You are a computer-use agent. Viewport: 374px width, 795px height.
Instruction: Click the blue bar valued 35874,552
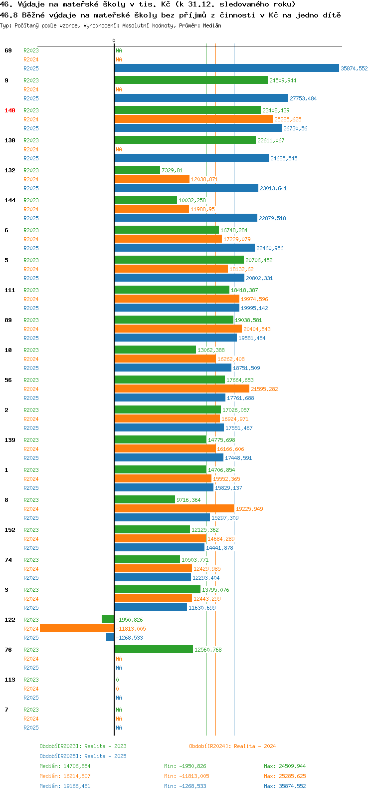[x=226, y=68]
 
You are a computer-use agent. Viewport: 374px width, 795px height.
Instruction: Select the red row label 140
[x=10, y=110]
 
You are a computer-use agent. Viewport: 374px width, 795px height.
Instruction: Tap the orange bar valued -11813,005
[x=77, y=629]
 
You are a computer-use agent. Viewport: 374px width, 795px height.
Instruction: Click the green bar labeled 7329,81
[x=137, y=170]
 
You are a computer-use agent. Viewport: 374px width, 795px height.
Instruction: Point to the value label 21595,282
[x=264, y=389]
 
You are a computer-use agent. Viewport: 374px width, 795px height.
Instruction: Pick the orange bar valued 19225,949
[x=175, y=508]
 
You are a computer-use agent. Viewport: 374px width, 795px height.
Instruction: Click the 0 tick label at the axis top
[x=114, y=40]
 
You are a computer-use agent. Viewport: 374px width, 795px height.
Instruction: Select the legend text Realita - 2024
[x=255, y=746]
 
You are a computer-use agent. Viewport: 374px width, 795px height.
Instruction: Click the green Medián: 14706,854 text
[x=65, y=766]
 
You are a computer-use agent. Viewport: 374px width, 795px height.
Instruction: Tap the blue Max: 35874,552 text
[x=285, y=786]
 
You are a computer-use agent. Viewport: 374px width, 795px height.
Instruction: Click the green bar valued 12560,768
[x=154, y=650]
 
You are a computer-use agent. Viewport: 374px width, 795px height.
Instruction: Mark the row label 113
[x=10, y=680]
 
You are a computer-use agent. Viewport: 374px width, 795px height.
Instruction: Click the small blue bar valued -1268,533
[x=110, y=637]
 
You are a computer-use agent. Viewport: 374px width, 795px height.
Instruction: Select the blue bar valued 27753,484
[x=201, y=98]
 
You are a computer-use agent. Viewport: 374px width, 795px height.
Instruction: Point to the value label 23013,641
[x=273, y=188]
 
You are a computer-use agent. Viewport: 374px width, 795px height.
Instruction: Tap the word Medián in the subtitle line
[x=212, y=25]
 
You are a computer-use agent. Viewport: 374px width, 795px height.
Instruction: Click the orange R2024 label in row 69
[x=31, y=59]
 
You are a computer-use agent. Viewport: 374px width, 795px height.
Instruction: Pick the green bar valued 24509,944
[x=191, y=80]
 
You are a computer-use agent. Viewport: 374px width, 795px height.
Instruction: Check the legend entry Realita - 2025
[x=105, y=756]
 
